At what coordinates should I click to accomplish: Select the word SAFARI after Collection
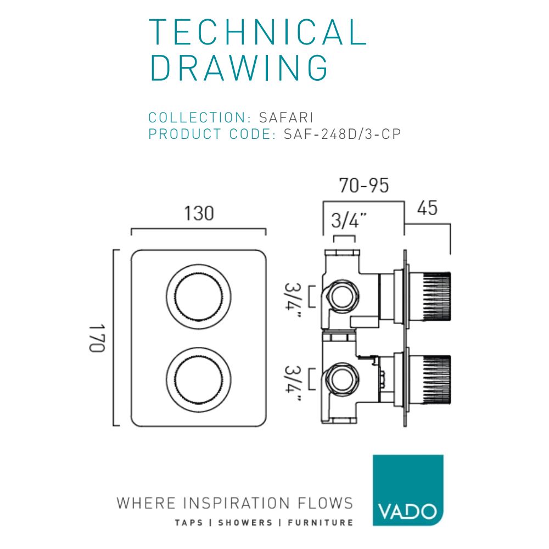285,117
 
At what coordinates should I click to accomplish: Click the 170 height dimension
98,338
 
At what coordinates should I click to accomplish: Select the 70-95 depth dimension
363,186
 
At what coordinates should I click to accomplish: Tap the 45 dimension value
427,209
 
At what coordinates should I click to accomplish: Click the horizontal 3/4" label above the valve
345,222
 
